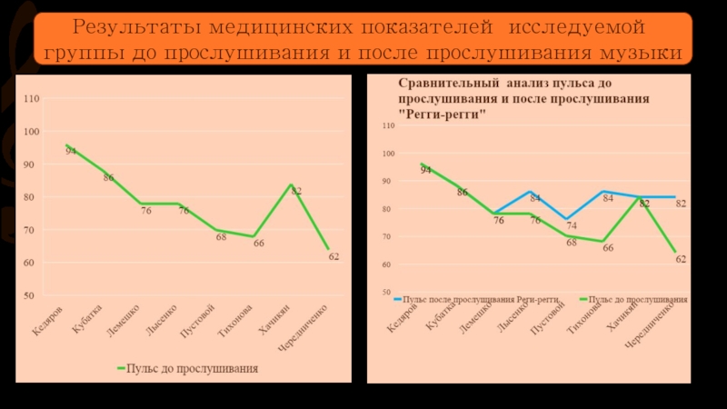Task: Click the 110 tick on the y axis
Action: (32, 98)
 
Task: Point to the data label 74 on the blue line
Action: (571, 225)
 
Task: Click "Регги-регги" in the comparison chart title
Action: (443, 115)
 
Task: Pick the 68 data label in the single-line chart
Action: (221, 237)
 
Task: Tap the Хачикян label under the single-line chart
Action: (273, 322)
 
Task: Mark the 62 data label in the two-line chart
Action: (681, 259)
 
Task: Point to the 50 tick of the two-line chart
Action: (387, 293)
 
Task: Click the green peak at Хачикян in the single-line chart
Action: (291, 185)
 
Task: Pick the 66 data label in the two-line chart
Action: (608, 248)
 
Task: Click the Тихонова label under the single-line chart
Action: (234, 323)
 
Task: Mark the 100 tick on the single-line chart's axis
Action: (32, 132)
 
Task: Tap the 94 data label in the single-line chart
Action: (71, 152)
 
